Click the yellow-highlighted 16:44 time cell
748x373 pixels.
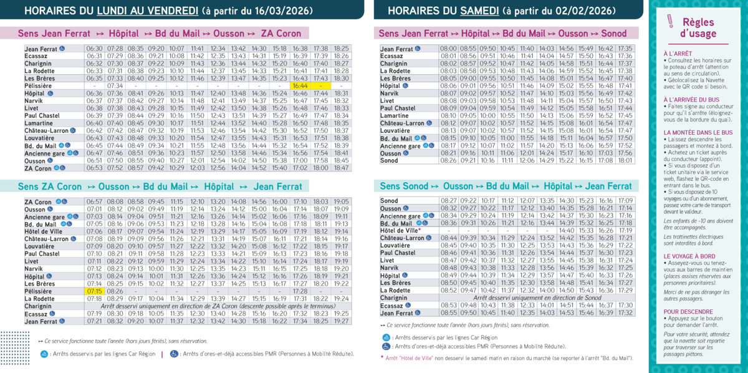click(300, 86)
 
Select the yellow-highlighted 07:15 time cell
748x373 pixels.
click(94, 291)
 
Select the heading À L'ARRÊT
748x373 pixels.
click(678, 54)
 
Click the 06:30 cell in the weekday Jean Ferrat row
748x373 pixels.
click(94, 49)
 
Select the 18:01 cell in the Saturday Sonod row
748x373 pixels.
click(625, 160)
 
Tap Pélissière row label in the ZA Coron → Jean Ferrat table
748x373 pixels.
click(39, 291)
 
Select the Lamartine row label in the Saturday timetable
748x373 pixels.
click(395, 116)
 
